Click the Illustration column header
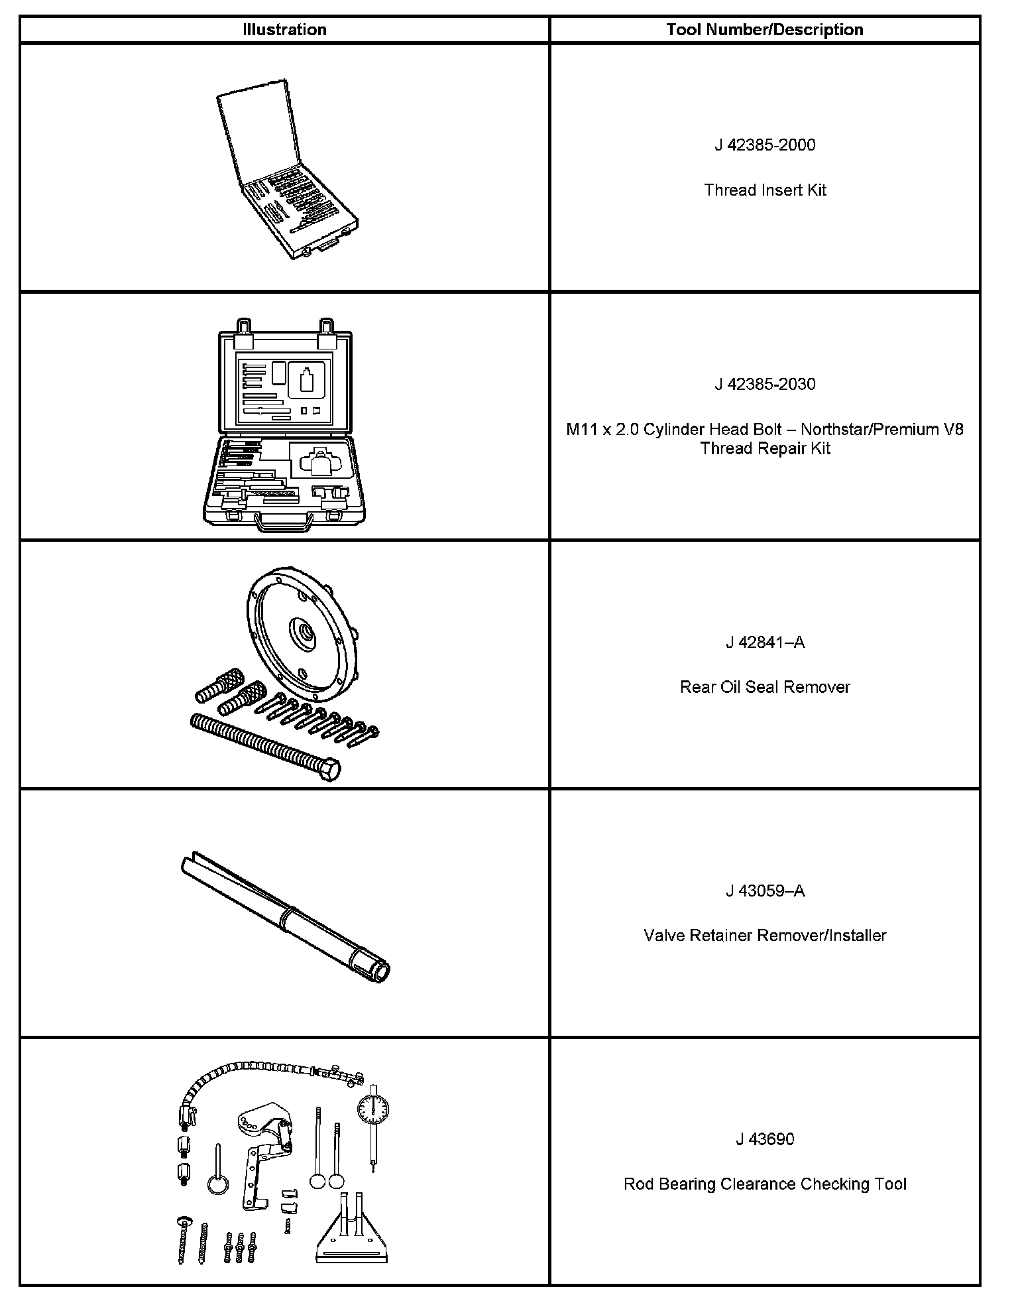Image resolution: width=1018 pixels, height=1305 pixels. [284, 30]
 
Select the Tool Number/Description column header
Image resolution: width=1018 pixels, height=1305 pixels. [765, 30]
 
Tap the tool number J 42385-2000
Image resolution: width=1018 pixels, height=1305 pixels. [765, 145]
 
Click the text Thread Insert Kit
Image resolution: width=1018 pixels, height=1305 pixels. [765, 190]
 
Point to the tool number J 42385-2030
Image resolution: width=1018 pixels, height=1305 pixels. [765, 385]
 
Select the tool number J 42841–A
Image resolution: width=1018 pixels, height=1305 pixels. [765, 643]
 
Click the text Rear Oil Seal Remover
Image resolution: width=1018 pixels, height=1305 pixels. [765, 687]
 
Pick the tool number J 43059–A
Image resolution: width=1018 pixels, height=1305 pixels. [765, 891]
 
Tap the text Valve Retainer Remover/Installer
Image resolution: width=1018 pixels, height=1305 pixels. [765, 936]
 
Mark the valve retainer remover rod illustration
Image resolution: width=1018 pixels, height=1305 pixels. [285, 915]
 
